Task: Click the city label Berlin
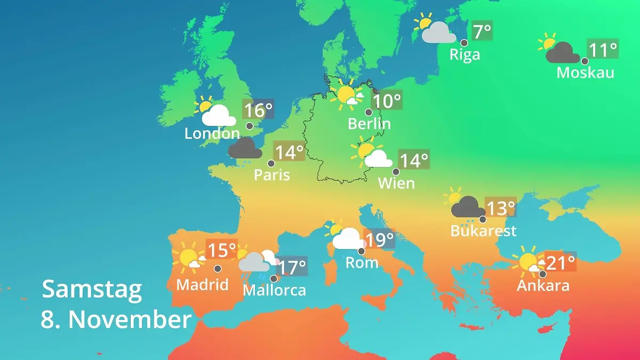click(x=369, y=124)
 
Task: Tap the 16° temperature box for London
click(x=258, y=110)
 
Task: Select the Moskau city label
click(x=585, y=73)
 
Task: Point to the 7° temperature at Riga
click(x=482, y=30)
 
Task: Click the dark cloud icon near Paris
click(x=245, y=149)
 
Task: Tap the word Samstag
click(x=92, y=289)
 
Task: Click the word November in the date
click(x=130, y=319)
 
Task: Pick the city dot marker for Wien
click(x=396, y=172)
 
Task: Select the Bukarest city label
click(x=483, y=231)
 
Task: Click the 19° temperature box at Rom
click(x=379, y=239)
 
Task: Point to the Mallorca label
click(x=274, y=290)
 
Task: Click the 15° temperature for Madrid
click(x=221, y=250)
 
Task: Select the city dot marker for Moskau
click(x=585, y=61)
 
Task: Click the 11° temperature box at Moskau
click(x=603, y=50)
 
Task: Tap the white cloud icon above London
click(x=218, y=115)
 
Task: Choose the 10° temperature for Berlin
click(x=387, y=101)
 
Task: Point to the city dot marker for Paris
click(x=271, y=164)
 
